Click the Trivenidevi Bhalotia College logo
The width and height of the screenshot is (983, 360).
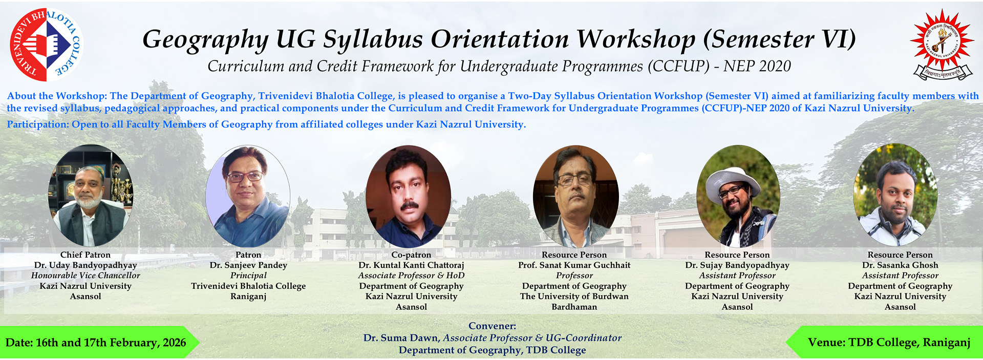point(46,45)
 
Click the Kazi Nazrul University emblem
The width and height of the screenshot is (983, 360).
point(942,44)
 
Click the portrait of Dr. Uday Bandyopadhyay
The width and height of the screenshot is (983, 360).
point(91,195)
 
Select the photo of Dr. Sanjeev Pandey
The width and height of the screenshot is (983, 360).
point(248,196)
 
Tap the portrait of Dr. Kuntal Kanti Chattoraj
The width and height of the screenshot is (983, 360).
point(409,197)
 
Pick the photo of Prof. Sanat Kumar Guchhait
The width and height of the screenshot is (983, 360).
point(575,197)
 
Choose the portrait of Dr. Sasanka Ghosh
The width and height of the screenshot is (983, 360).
point(895,195)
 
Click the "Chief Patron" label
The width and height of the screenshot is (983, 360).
point(86,255)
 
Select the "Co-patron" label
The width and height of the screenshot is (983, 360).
point(411,255)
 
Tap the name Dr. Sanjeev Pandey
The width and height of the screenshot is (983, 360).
point(248,265)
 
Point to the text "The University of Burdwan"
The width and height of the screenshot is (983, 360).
point(574,297)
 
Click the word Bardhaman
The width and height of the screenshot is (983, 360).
point(574,307)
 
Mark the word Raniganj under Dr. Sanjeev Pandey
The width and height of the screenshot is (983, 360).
point(248,297)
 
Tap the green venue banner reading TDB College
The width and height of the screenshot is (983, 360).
point(884,342)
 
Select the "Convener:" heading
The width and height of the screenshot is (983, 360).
point(493,326)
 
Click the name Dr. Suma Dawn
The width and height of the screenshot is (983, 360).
point(401,338)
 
